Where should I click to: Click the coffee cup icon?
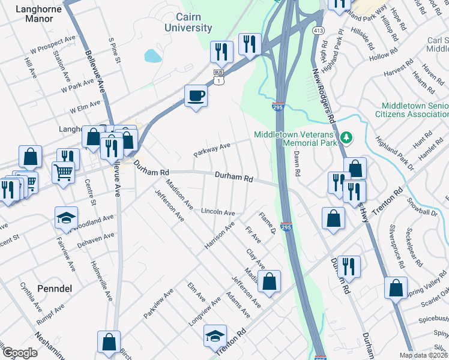tap(195, 95)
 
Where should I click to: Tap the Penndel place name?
tap(54, 289)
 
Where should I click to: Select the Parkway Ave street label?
tap(212, 149)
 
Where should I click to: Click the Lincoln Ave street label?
tap(217, 212)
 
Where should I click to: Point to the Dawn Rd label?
tap(297, 163)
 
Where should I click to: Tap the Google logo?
tap(19, 353)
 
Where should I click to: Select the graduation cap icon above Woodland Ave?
tap(66, 218)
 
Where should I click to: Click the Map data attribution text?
tap(424, 355)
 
